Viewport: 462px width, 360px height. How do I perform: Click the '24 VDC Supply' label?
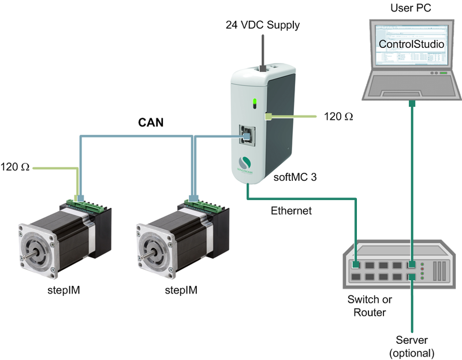pos(263,25)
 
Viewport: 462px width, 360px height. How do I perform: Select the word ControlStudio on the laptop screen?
pos(411,44)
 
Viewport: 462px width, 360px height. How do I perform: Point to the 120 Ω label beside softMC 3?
pos(338,117)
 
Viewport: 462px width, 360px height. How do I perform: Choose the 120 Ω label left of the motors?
pos(17,168)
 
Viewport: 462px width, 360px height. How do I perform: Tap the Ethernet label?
pos(291,211)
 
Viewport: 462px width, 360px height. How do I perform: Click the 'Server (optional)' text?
pos(411,346)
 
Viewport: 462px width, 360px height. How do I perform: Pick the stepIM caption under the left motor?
pos(61,290)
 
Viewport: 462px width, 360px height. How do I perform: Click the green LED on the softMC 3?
pos(254,104)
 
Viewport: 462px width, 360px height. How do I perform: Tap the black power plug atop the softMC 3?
pos(262,67)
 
